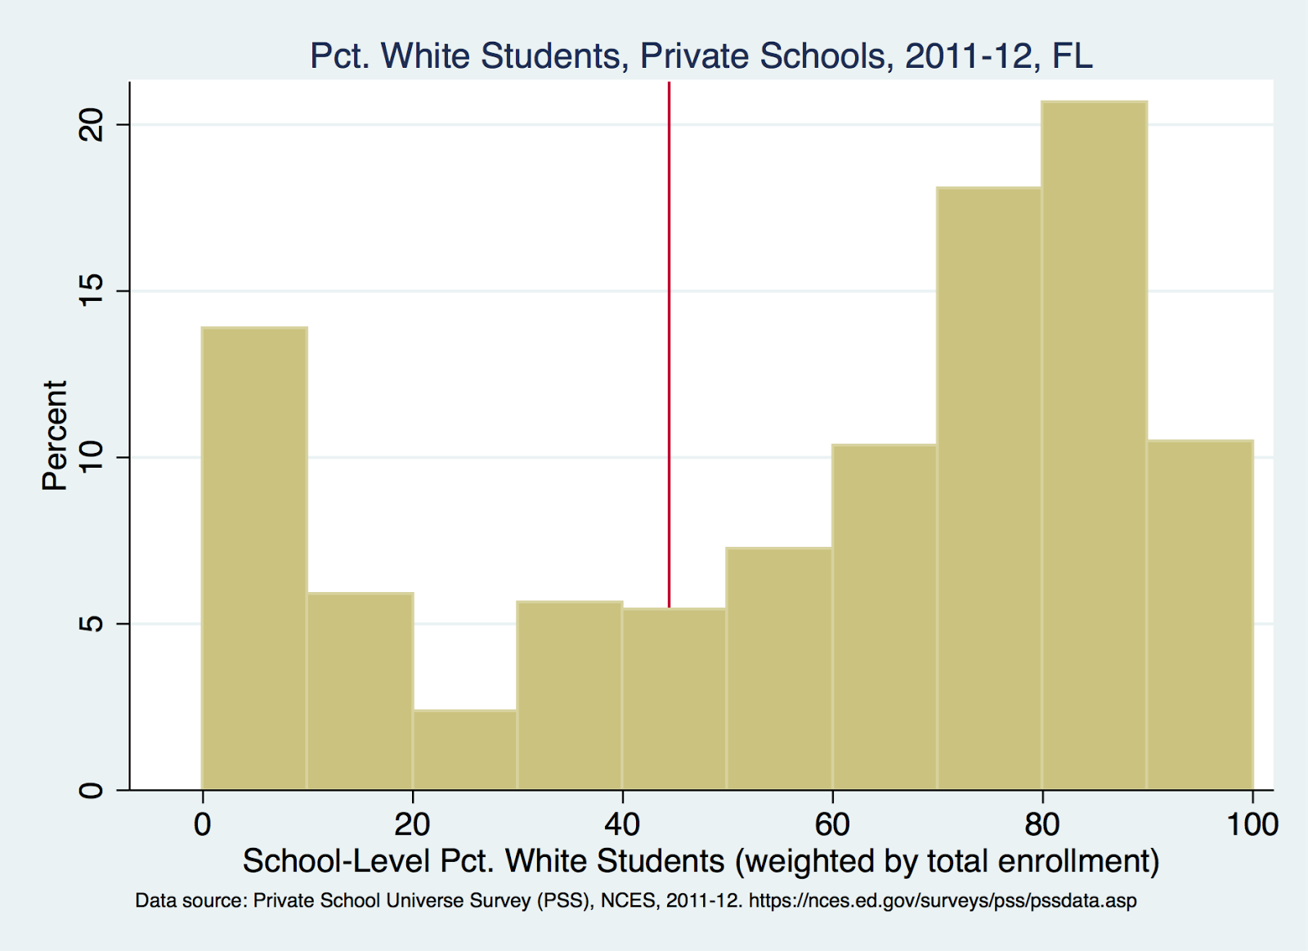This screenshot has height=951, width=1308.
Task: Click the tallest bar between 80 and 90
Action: [x=1095, y=446]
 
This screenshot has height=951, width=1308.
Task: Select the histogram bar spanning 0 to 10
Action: [x=254, y=558]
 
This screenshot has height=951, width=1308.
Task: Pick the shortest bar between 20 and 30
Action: [x=464, y=750]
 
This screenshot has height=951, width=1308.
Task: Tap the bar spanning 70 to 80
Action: [x=989, y=489]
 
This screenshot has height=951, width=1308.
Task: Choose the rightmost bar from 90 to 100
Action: [x=1199, y=615]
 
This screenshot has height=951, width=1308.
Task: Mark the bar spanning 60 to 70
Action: [x=885, y=617]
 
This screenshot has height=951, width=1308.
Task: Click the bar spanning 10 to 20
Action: [x=360, y=691]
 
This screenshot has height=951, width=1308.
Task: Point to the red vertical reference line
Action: [x=669, y=343]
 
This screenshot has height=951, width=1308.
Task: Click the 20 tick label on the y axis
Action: [x=92, y=125]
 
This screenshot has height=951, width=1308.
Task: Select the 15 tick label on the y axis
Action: [x=92, y=291]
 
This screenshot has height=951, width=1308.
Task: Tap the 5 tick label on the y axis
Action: [x=92, y=624]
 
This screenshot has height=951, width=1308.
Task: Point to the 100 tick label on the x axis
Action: [x=1252, y=824]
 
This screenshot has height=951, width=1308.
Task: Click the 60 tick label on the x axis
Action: [x=832, y=824]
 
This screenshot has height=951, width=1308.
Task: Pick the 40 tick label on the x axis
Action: [x=622, y=824]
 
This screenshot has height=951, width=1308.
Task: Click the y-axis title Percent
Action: [x=55, y=435]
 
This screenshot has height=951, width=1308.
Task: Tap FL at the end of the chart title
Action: [x=1072, y=56]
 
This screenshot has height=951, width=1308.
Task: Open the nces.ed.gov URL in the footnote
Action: [x=943, y=901]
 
